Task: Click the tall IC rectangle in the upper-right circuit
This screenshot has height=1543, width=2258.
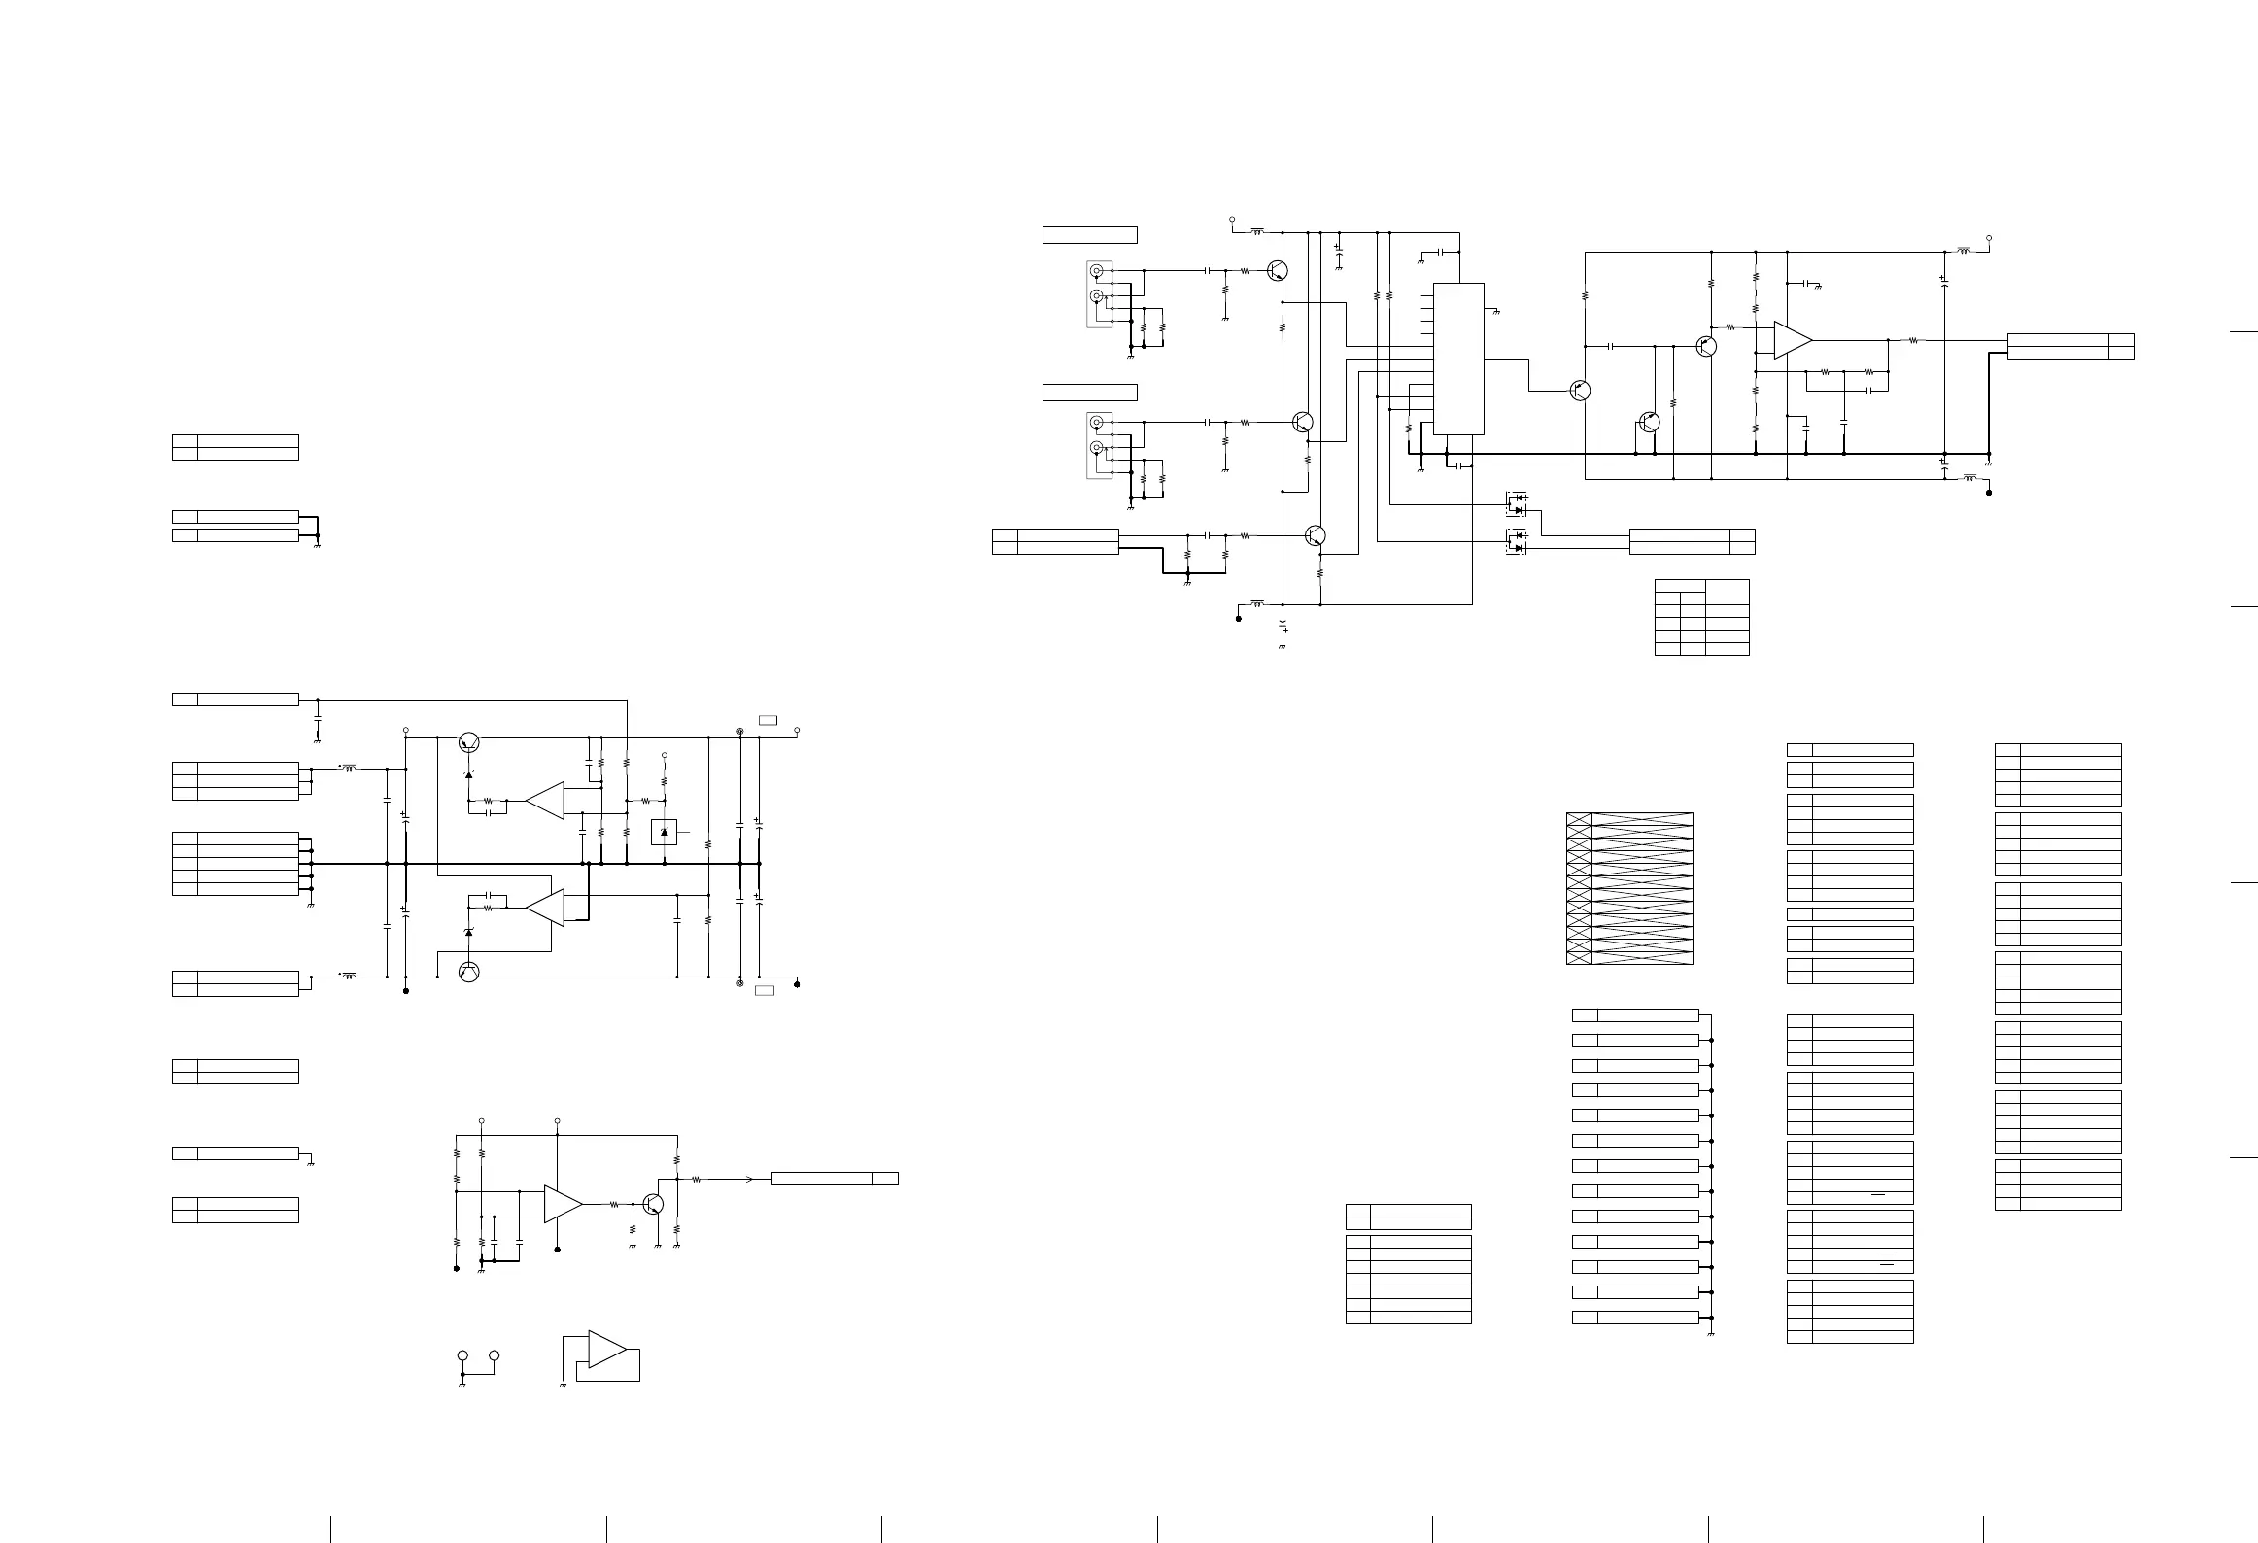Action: pos(1458,359)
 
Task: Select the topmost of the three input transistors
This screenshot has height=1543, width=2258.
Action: pos(1278,271)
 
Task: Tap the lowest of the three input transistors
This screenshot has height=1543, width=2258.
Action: pos(1316,535)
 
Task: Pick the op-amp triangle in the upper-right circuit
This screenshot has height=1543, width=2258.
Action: pos(1792,340)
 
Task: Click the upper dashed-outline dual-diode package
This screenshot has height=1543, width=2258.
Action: pos(1516,503)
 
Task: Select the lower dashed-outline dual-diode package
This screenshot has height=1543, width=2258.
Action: pos(1516,541)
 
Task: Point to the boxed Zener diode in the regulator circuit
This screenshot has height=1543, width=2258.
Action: pos(664,832)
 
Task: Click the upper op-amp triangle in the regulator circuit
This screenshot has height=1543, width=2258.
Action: pos(546,801)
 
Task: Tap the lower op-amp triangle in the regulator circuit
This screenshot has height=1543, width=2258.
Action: pos(546,907)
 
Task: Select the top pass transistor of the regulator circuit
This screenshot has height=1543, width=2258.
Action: pos(469,741)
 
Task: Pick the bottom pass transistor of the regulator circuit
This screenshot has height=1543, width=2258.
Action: pos(469,972)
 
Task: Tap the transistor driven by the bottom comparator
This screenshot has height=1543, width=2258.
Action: pos(653,1204)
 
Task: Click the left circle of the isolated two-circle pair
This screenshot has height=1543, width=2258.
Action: pos(462,1355)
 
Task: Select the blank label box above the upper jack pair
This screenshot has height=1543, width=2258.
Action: pos(1089,234)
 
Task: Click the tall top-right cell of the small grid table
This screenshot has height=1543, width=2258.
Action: pos(1728,591)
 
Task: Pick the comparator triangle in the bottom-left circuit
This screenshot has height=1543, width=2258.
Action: pos(563,1204)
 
